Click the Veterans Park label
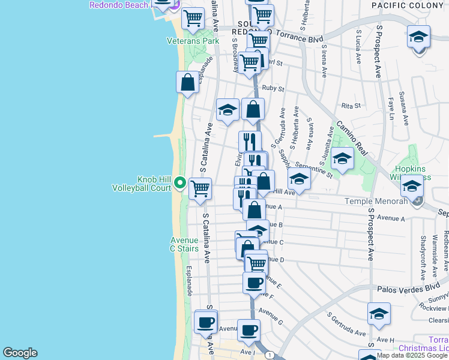point(193,41)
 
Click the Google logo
point(20,353)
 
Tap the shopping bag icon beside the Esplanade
point(188,82)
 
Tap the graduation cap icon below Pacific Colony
point(418,37)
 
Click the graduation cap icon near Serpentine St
point(342,158)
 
